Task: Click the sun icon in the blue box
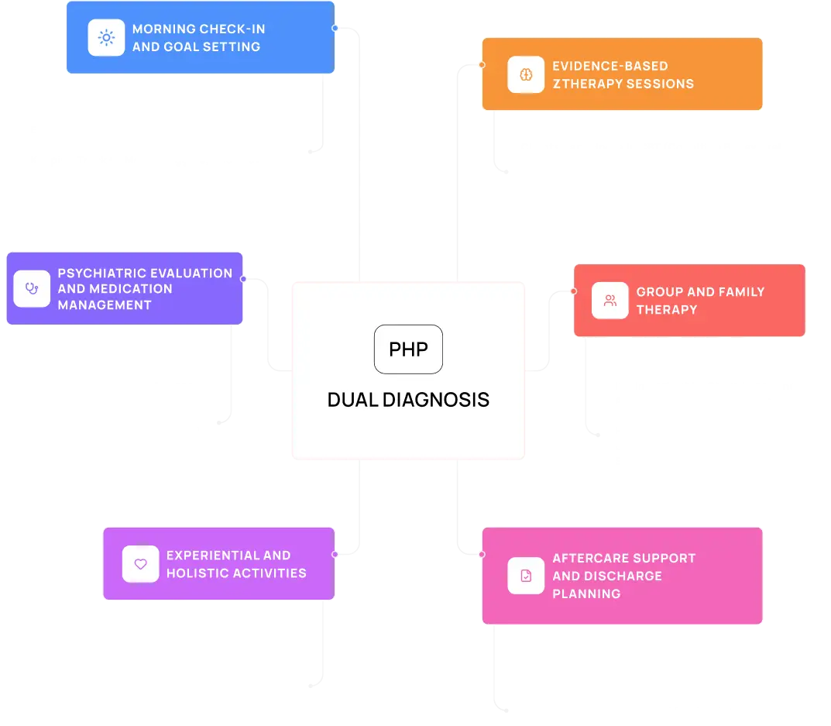click(x=106, y=37)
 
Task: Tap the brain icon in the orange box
click(x=526, y=74)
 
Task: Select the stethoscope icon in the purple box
click(x=32, y=288)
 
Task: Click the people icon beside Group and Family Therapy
click(x=610, y=301)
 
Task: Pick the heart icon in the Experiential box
click(x=140, y=564)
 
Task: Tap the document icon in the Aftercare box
click(x=526, y=576)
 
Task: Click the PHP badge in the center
click(x=408, y=349)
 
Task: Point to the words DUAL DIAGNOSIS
click(x=408, y=400)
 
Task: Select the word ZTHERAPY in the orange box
click(x=585, y=84)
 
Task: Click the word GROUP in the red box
click(x=658, y=292)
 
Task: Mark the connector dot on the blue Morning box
click(x=335, y=28)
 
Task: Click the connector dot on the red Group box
click(x=574, y=291)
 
